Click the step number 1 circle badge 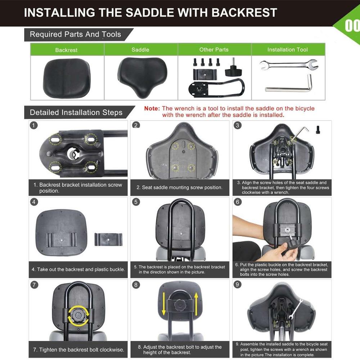[x=33, y=125]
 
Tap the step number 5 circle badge [x=136, y=202]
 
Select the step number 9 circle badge [x=238, y=284]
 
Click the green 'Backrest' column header [x=66, y=50]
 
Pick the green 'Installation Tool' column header [x=287, y=50]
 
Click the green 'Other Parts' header [x=214, y=50]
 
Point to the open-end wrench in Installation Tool [x=288, y=65]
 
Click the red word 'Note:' [x=152, y=108]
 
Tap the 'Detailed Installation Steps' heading [x=76, y=112]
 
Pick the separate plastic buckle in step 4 [x=108, y=239]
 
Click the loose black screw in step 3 [x=318, y=129]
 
